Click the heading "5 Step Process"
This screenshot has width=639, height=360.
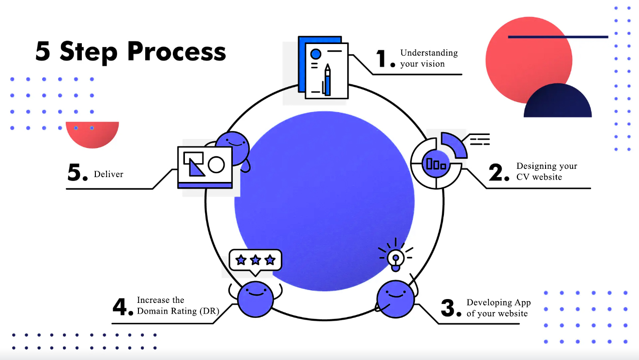pyautogui.click(x=131, y=51)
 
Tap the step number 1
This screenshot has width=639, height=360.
pyautogui.click(x=385, y=60)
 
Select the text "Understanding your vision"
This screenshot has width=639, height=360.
pyautogui.click(x=429, y=58)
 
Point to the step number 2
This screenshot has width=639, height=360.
pyautogui.click(x=499, y=173)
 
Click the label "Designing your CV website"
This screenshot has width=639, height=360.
pyautogui.click(x=547, y=171)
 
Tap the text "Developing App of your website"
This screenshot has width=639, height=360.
pyautogui.click(x=498, y=308)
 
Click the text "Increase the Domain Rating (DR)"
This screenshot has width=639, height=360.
pyautogui.click(x=174, y=306)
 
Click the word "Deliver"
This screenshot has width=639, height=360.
pyautogui.click(x=108, y=174)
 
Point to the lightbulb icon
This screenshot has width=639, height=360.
pyautogui.click(x=396, y=256)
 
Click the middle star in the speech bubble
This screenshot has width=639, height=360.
pyautogui.click(x=255, y=260)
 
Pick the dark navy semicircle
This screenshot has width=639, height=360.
pyautogui.click(x=558, y=103)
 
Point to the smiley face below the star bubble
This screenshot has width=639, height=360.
pyautogui.click(x=256, y=299)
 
